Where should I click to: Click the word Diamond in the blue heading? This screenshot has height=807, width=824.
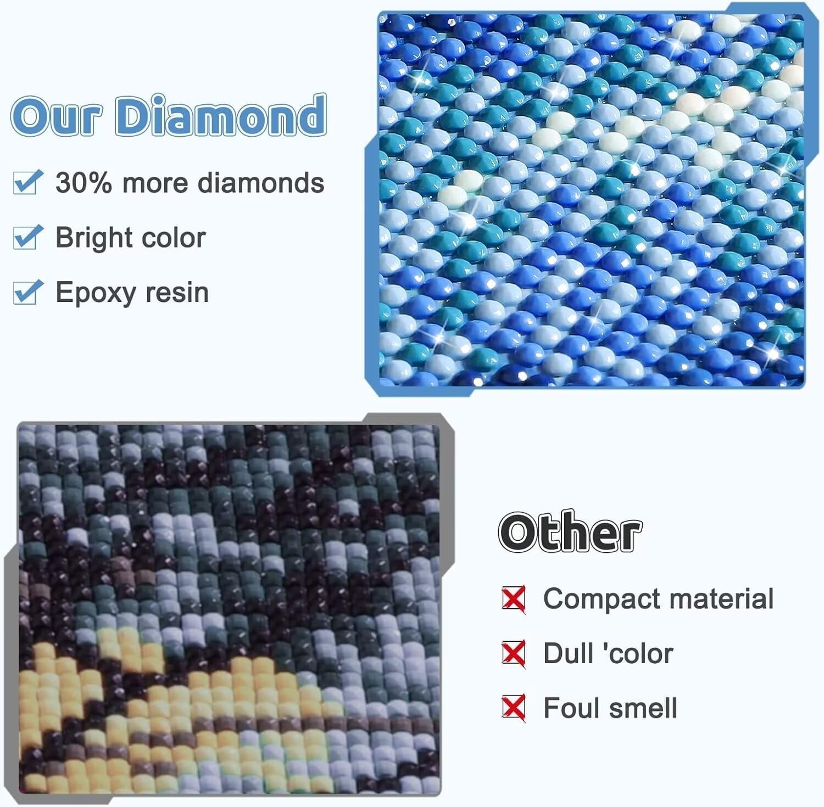click(220, 115)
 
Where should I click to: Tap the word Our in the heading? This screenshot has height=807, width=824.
click(57, 116)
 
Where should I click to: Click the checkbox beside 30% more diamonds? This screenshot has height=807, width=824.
click(27, 182)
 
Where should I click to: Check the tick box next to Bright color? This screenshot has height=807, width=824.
click(27, 237)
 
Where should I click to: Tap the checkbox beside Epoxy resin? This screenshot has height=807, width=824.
click(27, 292)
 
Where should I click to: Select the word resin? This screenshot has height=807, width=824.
click(176, 293)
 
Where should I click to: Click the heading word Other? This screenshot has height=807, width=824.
click(570, 532)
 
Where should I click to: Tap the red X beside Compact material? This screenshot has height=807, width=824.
click(514, 599)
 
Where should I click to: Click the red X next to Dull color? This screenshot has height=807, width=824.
click(514, 653)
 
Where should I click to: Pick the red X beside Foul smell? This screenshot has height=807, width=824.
click(514, 708)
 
